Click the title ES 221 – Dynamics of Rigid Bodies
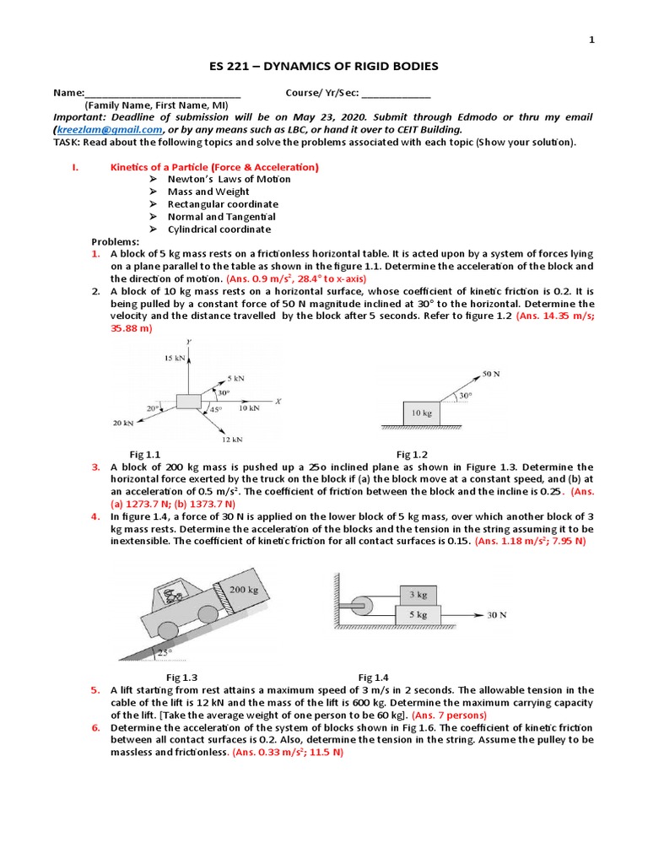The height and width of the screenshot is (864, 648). [323, 66]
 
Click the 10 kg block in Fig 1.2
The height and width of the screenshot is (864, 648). [422, 413]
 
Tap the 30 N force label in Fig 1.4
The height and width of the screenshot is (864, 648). [498, 615]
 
